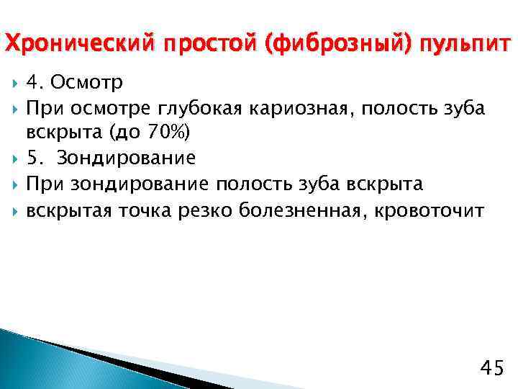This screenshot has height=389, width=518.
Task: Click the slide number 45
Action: pos(491,368)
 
